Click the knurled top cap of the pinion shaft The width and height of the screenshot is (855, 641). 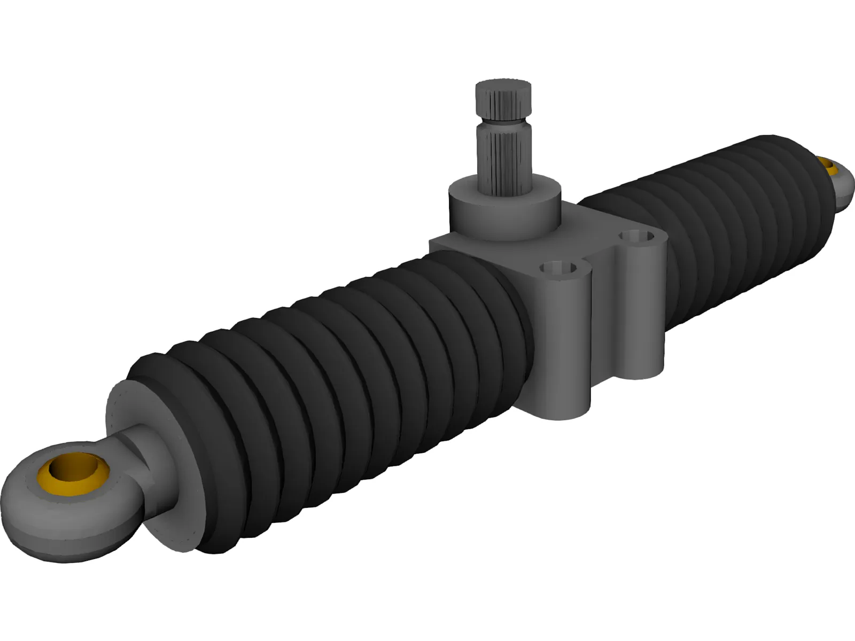[x=503, y=100]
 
